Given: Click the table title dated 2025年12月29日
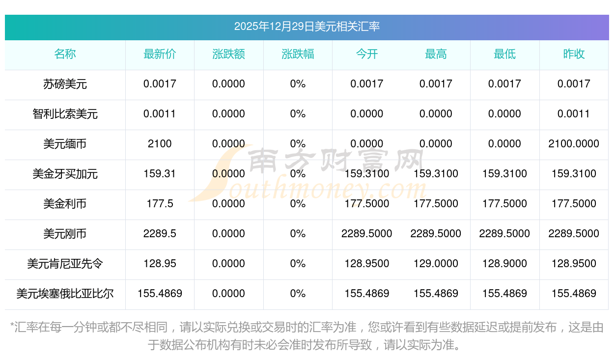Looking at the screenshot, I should [307, 27].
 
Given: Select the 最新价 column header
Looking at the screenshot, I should [160, 54].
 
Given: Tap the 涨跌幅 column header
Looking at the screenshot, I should [298, 54].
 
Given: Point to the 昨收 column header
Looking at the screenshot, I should [574, 54].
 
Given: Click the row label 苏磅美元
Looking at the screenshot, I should [65, 84].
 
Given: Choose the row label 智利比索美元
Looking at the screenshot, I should [65, 114].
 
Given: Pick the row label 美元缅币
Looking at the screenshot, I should [65, 144].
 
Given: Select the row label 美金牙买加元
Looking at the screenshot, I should [65, 174].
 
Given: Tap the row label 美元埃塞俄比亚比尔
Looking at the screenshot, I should [65, 294].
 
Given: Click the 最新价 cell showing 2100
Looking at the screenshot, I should [160, 144].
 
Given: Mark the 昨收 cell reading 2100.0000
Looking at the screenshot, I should [574, 144].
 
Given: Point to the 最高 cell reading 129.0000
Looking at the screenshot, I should [436, 264].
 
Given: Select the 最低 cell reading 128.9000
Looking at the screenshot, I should [504, 264].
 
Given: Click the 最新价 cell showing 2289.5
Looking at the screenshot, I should [160, 234].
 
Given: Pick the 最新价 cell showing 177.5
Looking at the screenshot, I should [160, 204].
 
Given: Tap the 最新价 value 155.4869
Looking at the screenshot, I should [160, 294].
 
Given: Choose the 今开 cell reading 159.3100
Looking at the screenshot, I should [367, 174].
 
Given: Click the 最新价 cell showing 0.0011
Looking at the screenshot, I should [160, 114].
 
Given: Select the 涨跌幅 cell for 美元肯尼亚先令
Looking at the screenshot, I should [298, 264].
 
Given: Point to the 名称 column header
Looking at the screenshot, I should [65, 54].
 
